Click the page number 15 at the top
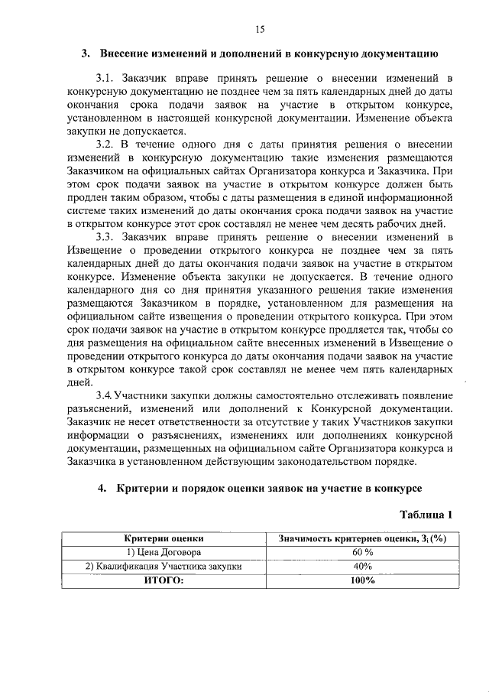click(260, 29)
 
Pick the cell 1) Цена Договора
click(164, 552)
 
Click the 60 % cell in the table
click(362, 552)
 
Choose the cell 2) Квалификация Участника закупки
click(164, 566)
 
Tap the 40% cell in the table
click(362, 566)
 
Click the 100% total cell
click(362, 580)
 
